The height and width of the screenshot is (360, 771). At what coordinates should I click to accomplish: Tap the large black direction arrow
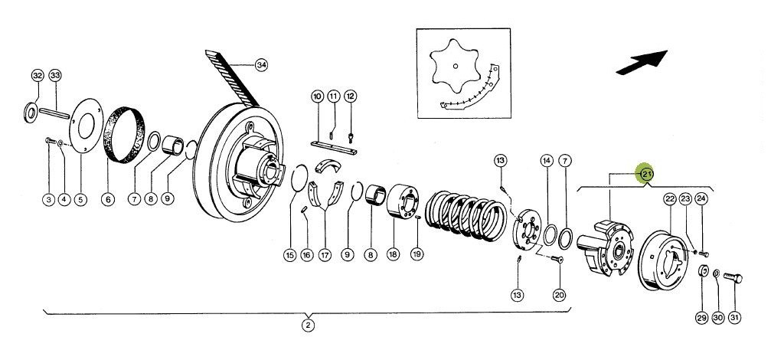pos(642,63)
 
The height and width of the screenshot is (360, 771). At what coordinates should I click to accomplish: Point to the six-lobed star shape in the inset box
pos(456,67)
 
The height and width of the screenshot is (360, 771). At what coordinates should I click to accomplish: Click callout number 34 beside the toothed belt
pos(262,65)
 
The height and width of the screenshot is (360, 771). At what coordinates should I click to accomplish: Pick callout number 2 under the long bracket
pos(308,326)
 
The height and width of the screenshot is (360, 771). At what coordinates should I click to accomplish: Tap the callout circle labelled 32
pos(38,76)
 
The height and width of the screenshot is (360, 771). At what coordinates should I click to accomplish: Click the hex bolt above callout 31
pos(733,278)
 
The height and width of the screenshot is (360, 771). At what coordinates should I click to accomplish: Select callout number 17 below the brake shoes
pos(325,255)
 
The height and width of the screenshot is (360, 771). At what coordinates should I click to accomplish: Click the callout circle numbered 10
pos(317,96)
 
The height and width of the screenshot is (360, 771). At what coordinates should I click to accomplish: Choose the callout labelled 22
pos(670,199)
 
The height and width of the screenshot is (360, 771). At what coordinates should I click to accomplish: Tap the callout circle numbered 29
pos(701,318)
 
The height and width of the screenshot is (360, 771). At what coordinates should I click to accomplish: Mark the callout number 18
pos(392,255)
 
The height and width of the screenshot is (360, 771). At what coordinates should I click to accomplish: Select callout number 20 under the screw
pos(559,295)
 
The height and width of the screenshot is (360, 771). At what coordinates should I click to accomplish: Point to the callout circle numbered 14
pos(547,160)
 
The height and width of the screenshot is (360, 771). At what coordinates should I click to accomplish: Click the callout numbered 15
pos(290,255)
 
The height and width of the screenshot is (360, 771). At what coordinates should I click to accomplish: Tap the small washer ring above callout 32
pos(30,113)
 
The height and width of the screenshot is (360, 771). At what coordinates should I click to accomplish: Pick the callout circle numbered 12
pos(350,96)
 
